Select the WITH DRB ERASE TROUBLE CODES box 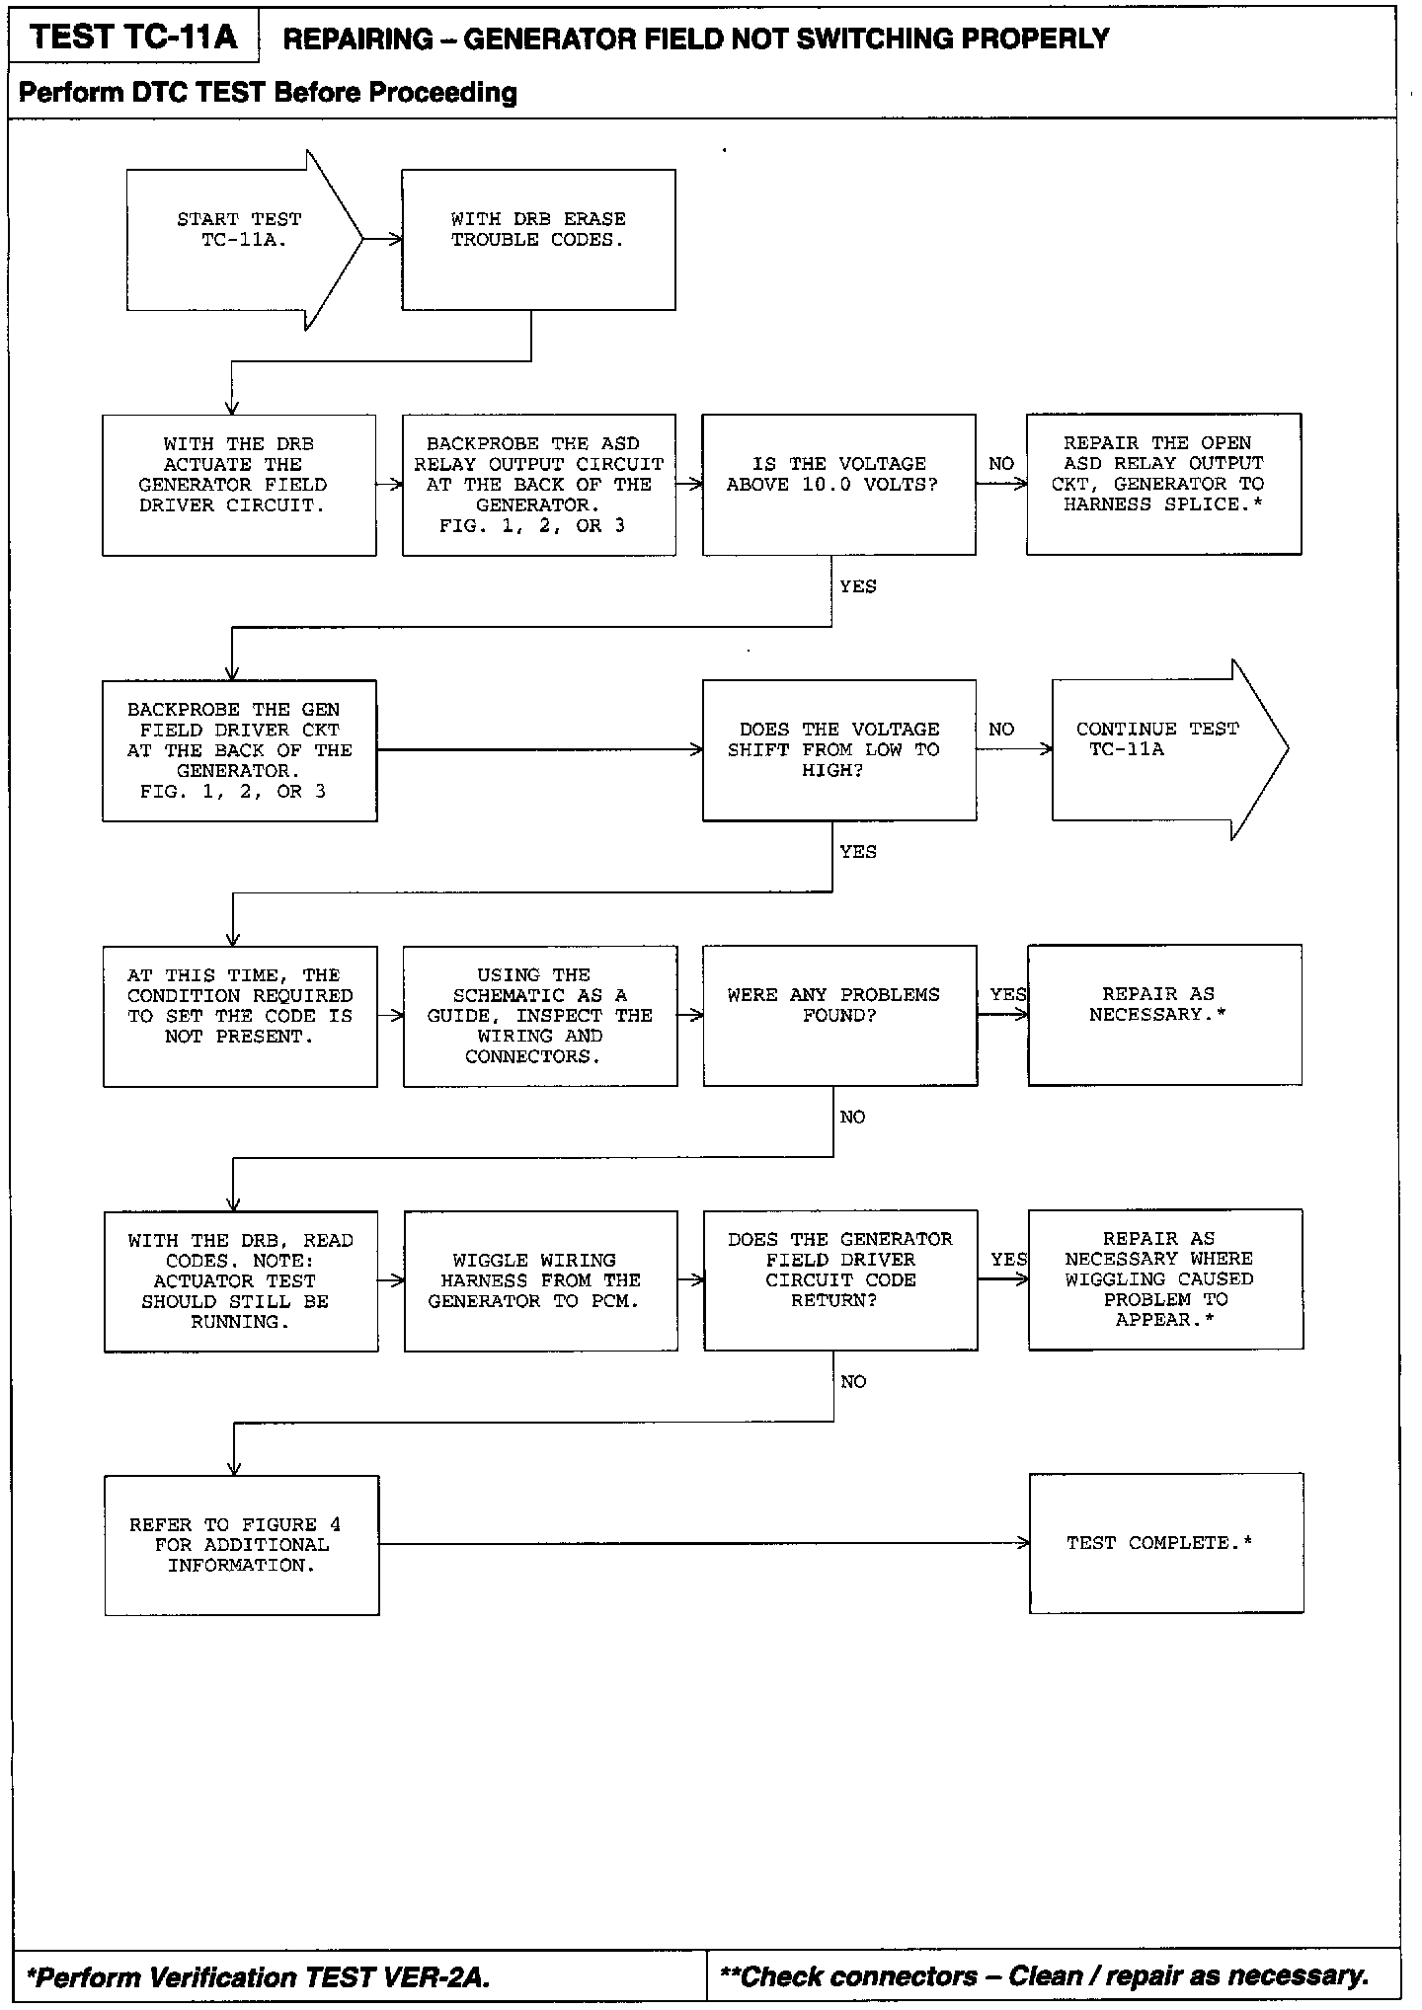click(538, 240)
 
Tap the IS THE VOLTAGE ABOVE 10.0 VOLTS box click(838, 484)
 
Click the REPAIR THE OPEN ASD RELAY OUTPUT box click(1163, 484)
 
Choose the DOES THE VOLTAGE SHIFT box click(838, 749)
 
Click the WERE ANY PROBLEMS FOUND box click(839, 1015)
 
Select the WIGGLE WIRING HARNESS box click(540, 1280)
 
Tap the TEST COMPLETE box click(1165, 1543)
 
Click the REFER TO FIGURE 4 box click(241, 1545)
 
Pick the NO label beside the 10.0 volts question click(1001, 464)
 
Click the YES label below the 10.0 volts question click(857, 586)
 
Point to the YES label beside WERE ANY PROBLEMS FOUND click(1008, 994)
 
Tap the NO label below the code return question click(853, 1382)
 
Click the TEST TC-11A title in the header click(133, 38)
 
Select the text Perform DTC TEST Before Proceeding click(268, 93)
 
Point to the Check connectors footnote click(1045, 1976)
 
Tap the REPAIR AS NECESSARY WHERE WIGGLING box click(1165, 1279)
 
